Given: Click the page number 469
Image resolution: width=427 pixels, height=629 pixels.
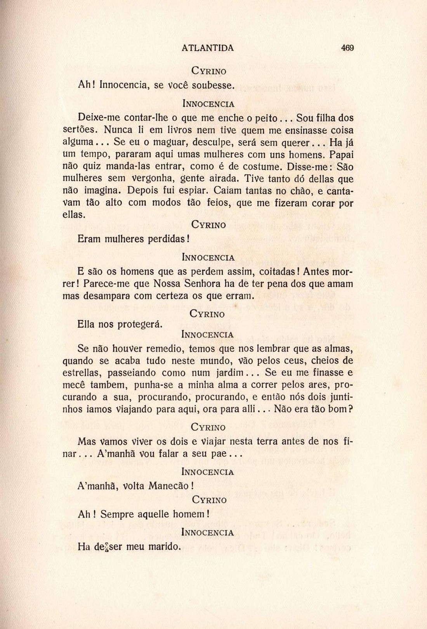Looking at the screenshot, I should click(347, 48).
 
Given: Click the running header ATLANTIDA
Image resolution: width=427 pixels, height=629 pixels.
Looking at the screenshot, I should click(208, 48).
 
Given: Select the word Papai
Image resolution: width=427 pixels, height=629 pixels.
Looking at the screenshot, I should click(341, 155).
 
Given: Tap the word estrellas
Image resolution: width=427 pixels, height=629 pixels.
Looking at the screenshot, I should click(82, 373).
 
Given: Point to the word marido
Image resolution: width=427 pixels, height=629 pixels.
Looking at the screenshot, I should click(163, 547).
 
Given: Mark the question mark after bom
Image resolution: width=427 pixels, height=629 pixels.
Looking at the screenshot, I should click(350, 409).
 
